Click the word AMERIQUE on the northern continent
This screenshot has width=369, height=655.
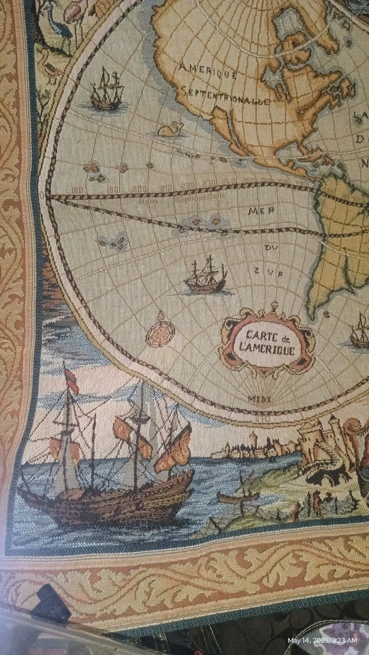click(208, 70)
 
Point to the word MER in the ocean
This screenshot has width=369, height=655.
click(256, 211)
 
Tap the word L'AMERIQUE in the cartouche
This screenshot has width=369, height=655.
click(265, 350)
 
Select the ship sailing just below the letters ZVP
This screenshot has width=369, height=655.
click(206, 276)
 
